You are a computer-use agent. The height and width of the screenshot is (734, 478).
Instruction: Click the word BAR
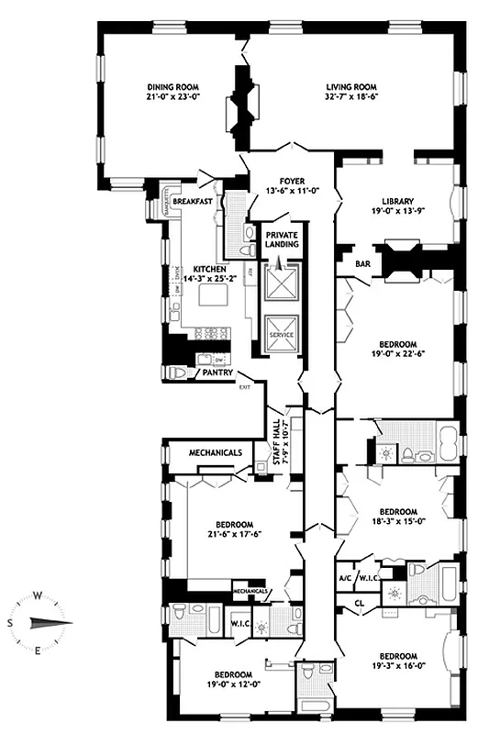point(362,264)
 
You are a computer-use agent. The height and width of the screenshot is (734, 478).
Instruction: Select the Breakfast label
point(193,201)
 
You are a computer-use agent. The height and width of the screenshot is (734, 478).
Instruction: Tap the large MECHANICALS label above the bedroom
point(215,452)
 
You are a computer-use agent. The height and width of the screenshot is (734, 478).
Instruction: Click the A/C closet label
point(346,578)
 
